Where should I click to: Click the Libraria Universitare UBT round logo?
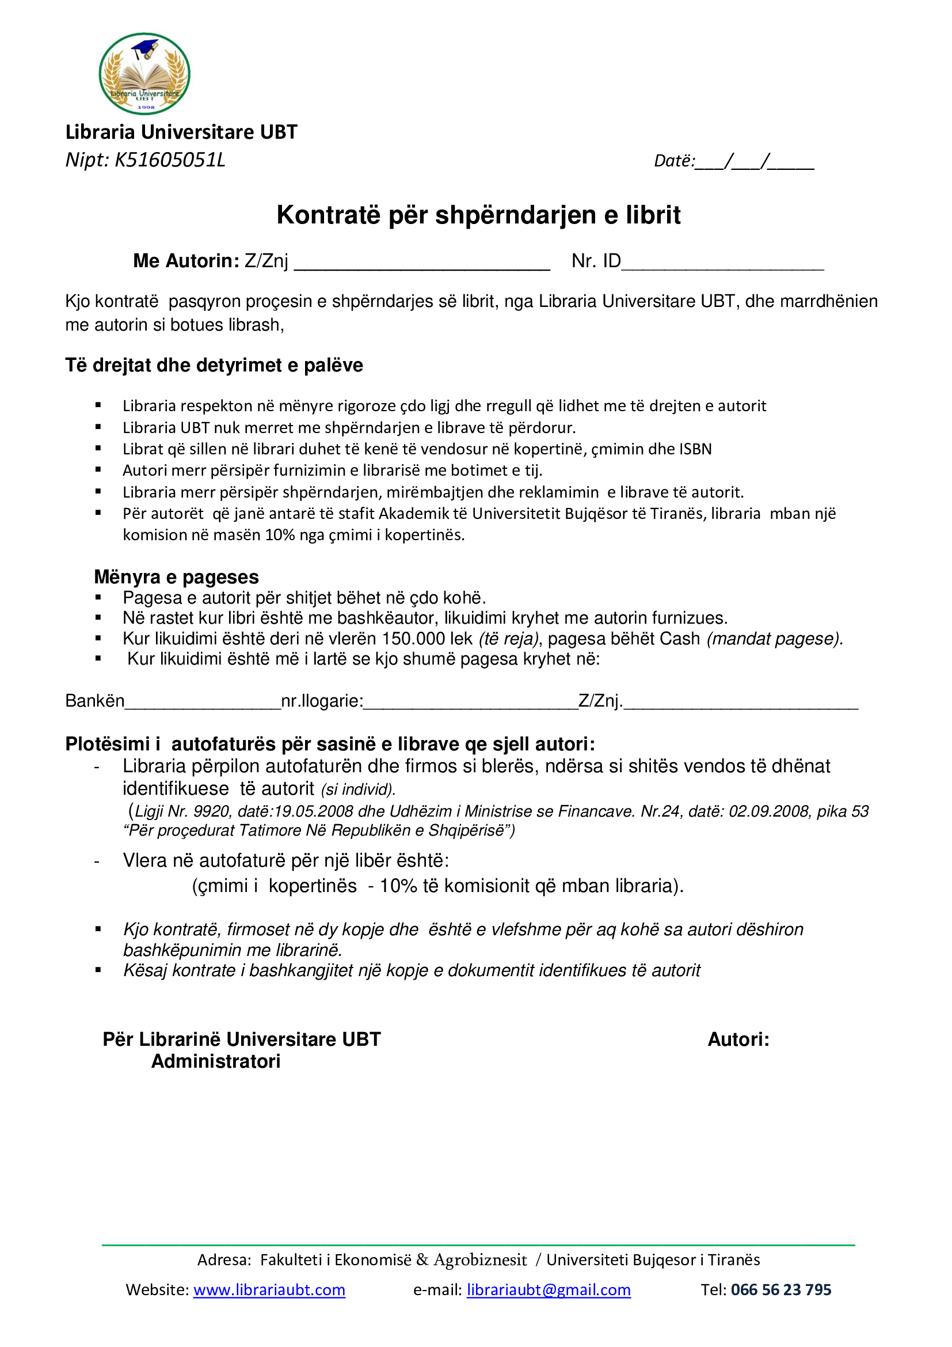[144, 74]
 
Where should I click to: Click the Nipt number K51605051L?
[169, 160]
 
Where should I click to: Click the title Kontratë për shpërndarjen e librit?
[478, 215]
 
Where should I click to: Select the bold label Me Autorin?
[186, 260]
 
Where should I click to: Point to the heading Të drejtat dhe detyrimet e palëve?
[214, 365]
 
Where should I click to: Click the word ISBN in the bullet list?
[695, 449]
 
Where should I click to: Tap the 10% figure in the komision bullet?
[279, 535]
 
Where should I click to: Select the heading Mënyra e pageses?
[177, 576]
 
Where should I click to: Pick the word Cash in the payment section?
[679, 638]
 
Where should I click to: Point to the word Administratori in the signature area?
[216, 1061]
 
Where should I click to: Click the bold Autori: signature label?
[738, 1039]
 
